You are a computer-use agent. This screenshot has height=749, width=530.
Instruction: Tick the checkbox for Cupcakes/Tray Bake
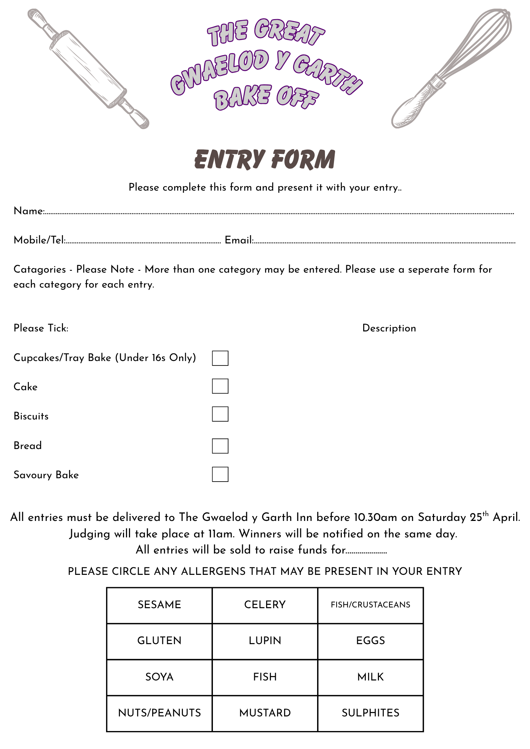tap(220, 358)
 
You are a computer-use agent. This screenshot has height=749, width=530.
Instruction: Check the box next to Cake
tap(220, 386)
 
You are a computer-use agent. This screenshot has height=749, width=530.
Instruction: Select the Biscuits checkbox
tap(220, 414)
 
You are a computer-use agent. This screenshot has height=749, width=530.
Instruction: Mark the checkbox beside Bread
tap(220, 446)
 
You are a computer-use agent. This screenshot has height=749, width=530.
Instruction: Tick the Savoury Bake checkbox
tap(220, 474)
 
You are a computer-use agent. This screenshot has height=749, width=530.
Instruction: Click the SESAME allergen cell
tap(159, 605)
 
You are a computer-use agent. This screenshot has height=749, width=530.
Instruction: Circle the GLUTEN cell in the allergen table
tap(159, 641)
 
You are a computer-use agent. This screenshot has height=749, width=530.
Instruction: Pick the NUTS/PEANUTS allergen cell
tap(159, 713)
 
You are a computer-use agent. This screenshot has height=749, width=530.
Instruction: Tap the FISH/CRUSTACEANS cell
tap(370, 605)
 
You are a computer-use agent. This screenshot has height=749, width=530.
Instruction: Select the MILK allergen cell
tap(370, 677)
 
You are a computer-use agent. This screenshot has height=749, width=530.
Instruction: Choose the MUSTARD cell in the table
tap(265, 713)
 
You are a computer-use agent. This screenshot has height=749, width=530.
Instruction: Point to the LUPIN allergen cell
tap(265, 641)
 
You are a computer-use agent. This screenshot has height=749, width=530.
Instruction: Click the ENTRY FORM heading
tap(265, 159)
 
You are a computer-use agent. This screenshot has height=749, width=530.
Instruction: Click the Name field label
tap(29, 211)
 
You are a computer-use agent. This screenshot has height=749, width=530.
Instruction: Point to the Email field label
tap(239, 240)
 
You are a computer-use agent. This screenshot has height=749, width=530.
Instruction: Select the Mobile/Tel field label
tap(39, 240)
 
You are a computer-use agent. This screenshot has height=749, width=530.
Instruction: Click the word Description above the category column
tap(389, 328)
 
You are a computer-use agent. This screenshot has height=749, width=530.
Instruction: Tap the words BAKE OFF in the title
tap(266, 97)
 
